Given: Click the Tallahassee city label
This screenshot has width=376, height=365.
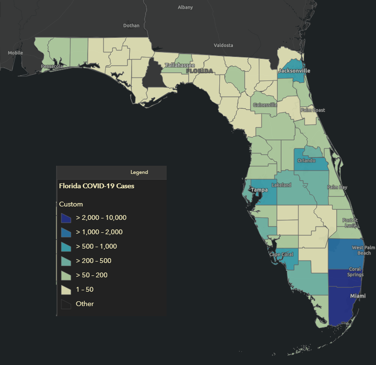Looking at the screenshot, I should pyautogui.click(x=180, y=65).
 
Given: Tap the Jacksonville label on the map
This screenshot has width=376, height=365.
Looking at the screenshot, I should pyautogui.click(x=294, y=71).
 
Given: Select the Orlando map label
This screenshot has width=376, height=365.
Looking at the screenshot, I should pyautogui.click(x=307, y=160).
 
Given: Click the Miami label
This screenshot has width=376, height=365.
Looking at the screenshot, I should pyautogui.click(x=357, y=296).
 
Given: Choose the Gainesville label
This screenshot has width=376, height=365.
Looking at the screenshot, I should pyautogui.click(x=265, y=104).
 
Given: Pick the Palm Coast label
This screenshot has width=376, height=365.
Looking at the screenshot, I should pyautogui.click(x=313, y=110).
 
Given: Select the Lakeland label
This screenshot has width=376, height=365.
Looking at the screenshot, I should pyautogui.click(x=281, y=185).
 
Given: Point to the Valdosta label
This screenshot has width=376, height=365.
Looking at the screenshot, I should pyautogui.click(x=223, y=46).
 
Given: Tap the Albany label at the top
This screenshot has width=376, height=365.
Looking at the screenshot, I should pyautogui.click(x=185, y=7).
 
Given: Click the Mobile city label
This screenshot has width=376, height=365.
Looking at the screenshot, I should pyautogui.click(x=15, y=53).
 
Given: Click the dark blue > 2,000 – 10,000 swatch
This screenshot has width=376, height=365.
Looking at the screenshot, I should pyautogui.click(x=66, y=218).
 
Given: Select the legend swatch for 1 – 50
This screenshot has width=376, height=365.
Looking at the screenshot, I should pyautogui.click(x=66, y=290).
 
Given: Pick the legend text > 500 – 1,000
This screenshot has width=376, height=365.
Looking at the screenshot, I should pyautogui.click(x=96, y=247).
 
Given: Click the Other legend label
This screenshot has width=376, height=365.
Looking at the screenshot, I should pyautogui.click(x=85, y=304).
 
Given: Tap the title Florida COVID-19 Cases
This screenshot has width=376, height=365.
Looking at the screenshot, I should pyautogui.click(x=96, y=186).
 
